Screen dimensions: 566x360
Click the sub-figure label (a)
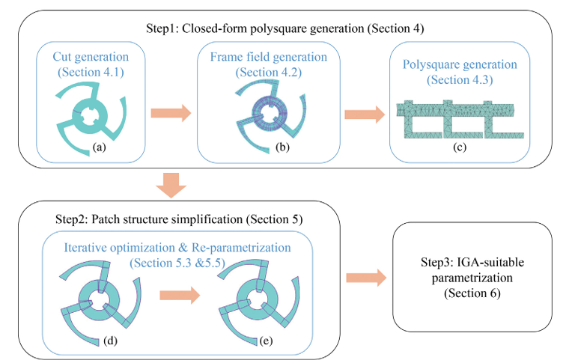coord(100,147)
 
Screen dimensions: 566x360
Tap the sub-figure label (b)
coord(282,147)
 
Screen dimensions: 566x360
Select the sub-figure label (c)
coord(460,147)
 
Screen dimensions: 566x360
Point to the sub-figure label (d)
coord(111,341)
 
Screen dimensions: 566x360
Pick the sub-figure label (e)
coord(266,341)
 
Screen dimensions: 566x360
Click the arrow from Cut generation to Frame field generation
coord(171,113)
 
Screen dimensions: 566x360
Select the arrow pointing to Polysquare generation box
coord(365,115)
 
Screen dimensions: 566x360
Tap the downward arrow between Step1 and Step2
coord(171,186)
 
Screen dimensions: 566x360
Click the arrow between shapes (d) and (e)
coord(180,296)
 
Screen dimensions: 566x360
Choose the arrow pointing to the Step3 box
coord(366,278)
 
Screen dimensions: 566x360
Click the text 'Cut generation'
coord(91,57)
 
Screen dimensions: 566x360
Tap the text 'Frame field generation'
coord(269,57)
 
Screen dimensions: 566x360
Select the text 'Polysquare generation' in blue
coord(460,64)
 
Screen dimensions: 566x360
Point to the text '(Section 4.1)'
coord(91,72)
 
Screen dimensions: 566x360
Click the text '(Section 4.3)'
coord(460,80)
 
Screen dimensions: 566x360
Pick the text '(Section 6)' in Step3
coord(472,293)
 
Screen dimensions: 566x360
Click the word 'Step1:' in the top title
coord(162,28)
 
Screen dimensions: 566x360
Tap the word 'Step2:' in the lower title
coord(72,219)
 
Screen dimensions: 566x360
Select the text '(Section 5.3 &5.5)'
coord(177,263)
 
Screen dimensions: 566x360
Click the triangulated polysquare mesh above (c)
coord(460,120)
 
